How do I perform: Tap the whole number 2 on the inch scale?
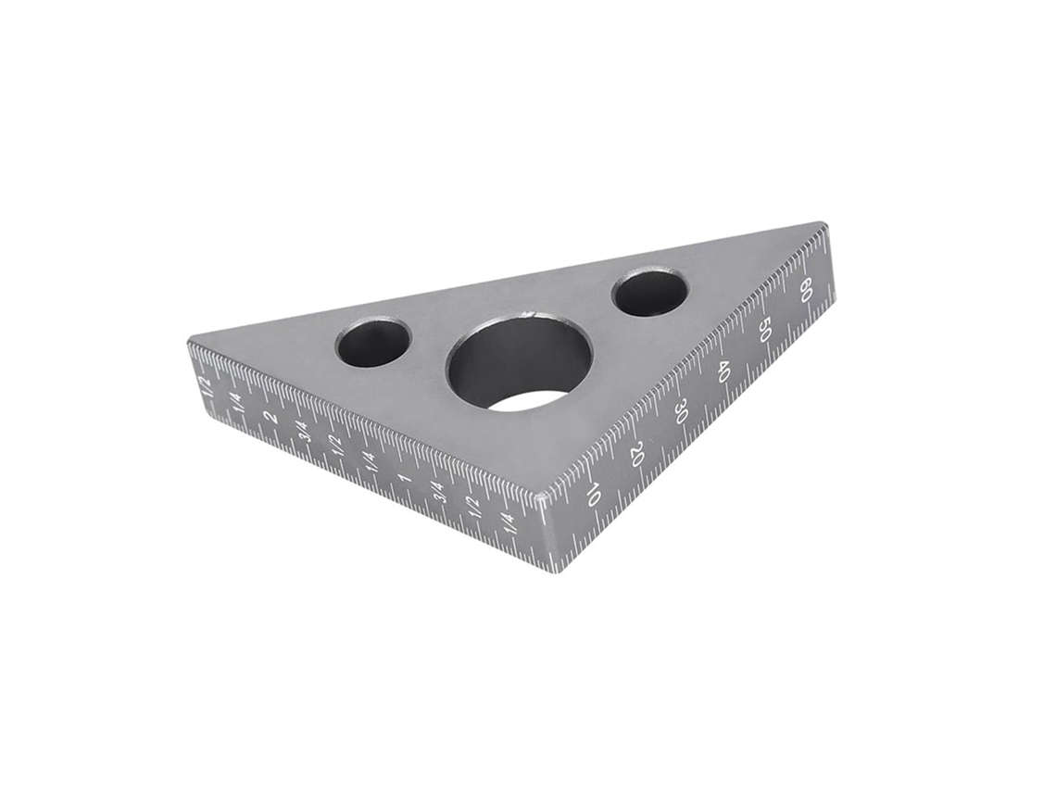pyautogui.click(x=271, y=417)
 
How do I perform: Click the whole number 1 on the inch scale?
pyautogui.click(x=405, y=480)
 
